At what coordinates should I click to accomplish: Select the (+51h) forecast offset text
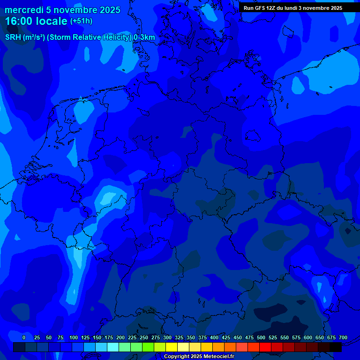[82, 21]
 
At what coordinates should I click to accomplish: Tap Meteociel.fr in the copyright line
[218, 357]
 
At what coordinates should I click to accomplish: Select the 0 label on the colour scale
[24, 337]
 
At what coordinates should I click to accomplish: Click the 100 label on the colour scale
[74, 337]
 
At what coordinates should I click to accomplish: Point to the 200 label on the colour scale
[120, 337]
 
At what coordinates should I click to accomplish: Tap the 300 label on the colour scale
[167, 337]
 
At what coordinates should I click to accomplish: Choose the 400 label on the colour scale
[214, 337]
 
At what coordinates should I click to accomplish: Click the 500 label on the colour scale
[261, 337]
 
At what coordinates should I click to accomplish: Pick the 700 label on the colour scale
[343, 337]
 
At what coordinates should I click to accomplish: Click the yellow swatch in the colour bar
[172, 347]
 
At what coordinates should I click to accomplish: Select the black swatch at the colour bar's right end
[336, 347]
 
